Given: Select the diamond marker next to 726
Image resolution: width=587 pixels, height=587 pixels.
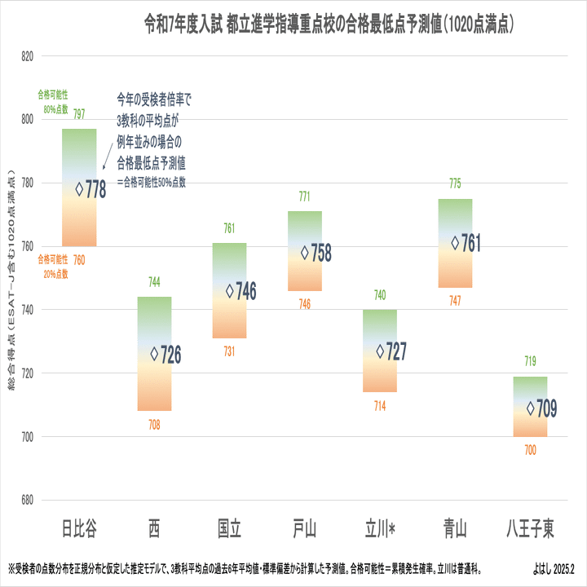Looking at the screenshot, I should click(x=155, y=354).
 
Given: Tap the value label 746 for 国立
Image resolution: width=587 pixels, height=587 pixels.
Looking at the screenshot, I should click(x=246, y=291).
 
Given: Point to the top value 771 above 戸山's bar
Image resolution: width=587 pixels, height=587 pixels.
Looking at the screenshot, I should click(x=304, y=196).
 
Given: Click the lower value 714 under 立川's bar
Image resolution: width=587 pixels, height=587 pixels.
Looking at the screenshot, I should click(x=380, y=405).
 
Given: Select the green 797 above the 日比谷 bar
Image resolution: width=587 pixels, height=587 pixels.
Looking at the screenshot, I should click(x=79, y=114).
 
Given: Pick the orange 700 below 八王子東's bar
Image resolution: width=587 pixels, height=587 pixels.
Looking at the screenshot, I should click(x=530, y=450).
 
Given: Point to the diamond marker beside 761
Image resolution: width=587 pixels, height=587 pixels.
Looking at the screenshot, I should click(x=456, y=243).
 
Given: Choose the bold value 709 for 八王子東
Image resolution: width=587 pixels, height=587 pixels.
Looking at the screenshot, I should click(x=547, y=408).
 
